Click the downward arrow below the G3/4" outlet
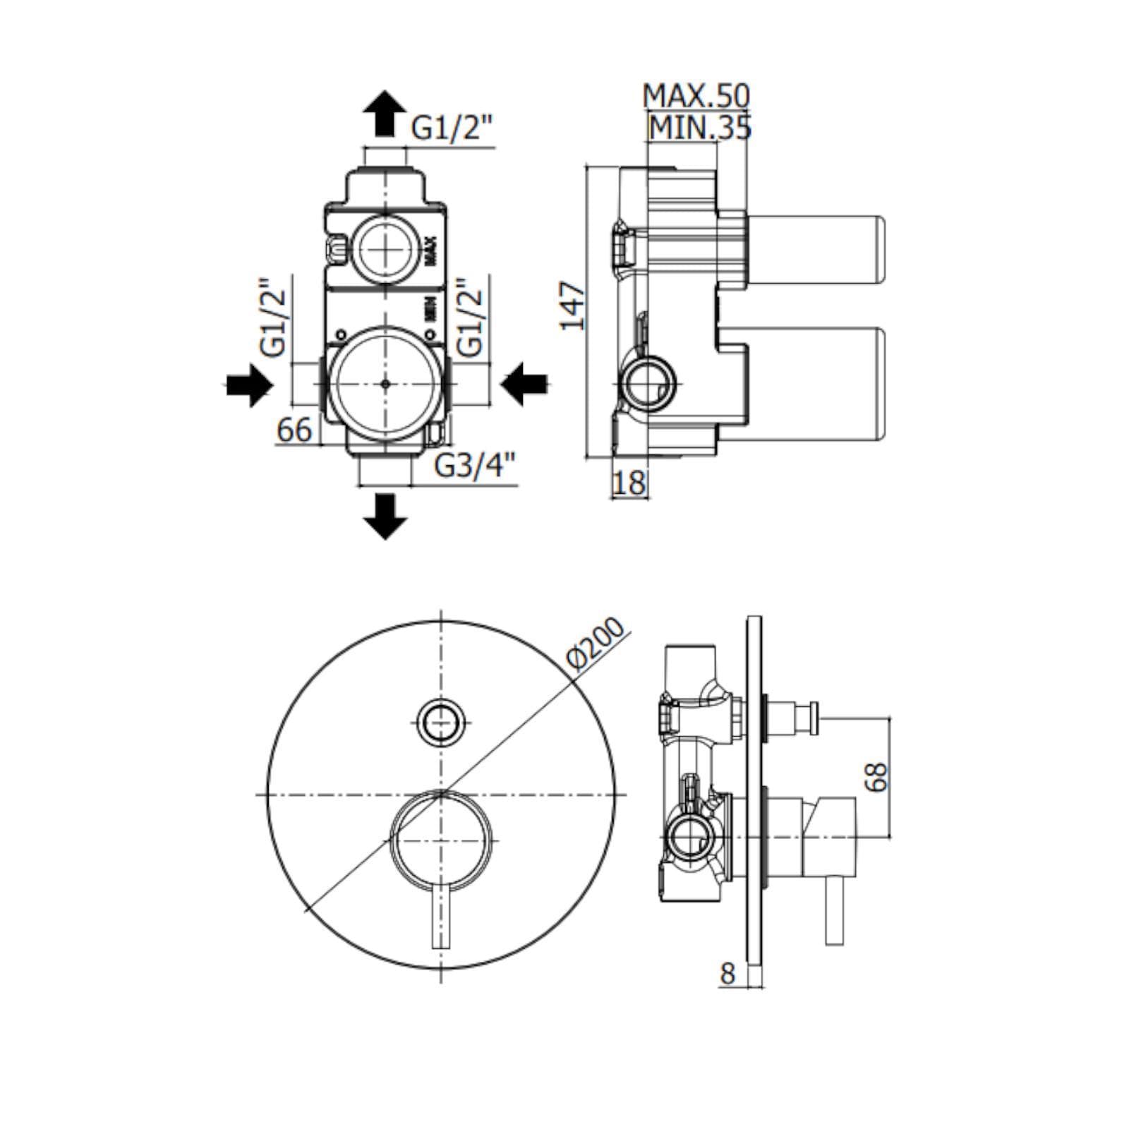[x=385, y=517]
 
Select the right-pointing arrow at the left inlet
[x=248, y=385]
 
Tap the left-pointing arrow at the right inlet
[x=524, y=385]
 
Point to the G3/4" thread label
[x=474, y=466]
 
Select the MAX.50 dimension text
[x=696, y=96]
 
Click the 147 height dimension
[x=573, y=305]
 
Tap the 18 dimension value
[x=629, y=483]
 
